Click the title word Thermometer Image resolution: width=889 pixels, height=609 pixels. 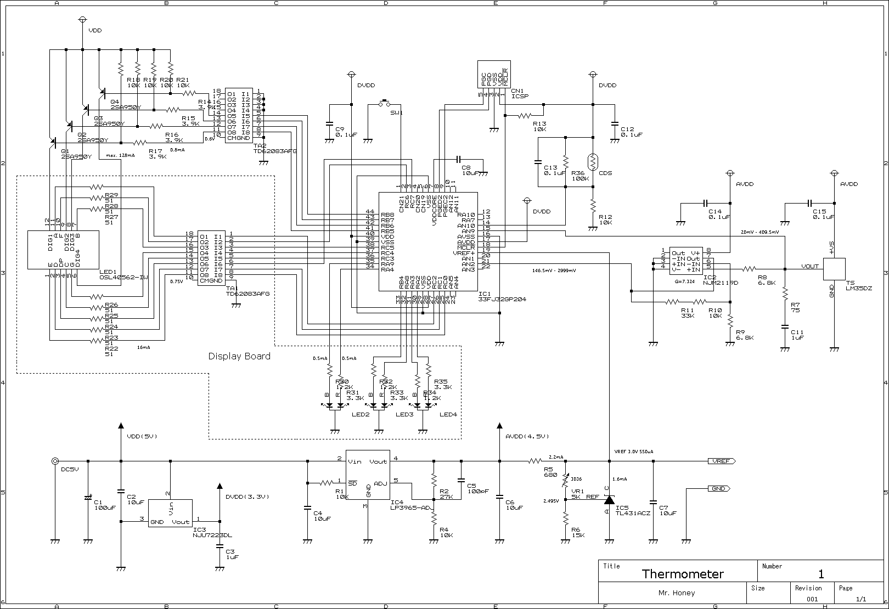683,574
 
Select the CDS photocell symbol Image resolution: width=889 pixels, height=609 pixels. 593,161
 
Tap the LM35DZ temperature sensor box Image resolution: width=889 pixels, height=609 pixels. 834,269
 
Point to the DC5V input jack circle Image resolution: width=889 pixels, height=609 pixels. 55,461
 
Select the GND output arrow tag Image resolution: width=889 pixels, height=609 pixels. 719,489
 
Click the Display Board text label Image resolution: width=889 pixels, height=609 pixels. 239,356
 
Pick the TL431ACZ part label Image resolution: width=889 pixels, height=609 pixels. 633,514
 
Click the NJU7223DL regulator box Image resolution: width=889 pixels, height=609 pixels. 171,513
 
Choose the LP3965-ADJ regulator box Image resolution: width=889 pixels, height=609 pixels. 368,475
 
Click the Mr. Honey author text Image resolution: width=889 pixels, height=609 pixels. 676,593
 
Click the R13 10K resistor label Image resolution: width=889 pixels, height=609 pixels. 539,127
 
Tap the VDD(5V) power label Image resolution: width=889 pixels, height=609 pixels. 142,437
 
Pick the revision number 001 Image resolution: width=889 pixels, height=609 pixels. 812,599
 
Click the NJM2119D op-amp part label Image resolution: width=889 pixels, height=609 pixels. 721,283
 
